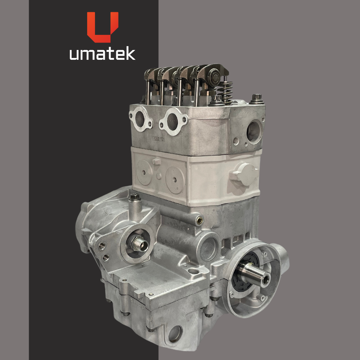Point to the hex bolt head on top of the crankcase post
tap(135, 197)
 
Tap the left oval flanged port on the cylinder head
tap(140, 119)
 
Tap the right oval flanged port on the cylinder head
tap(173, 121)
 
